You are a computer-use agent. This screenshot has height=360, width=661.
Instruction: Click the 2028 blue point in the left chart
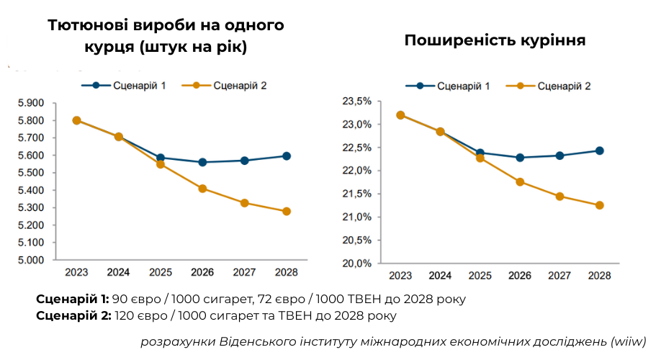pyautogui.click(x=287, y=156)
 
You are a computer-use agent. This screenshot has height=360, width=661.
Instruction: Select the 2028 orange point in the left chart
pyautogui.click(x=287, y=212)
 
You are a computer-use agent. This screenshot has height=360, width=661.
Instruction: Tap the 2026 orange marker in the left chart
pyautogui.click(x=202, y=189)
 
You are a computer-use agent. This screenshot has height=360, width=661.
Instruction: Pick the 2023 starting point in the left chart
pyautogui.click(x=76, y=120)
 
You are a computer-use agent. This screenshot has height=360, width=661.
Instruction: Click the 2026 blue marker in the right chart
pyautogui.click(x=520, y=158)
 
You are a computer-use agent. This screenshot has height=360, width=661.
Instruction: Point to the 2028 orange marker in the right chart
pyautogui.click(x=599, y=205)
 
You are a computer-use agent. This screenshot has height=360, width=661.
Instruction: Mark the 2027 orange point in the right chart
pyautogui.click(x=559, y=196)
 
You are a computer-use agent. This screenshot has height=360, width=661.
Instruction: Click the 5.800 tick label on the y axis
pyautogui.click(x=31, y=120)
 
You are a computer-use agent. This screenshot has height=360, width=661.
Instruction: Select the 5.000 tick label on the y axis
pyautogui.click(x=31, y=260)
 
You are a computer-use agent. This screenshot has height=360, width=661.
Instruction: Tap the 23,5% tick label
pyautogui.click(x=356, y=101)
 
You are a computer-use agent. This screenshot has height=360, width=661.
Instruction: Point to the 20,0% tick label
pyautogui.click(x=356, y=264)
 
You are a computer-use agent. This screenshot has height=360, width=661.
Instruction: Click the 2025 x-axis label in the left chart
pyautogui.click(x=160, y=273)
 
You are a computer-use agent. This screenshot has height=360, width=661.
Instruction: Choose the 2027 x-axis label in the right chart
pyautogui.click(x=559, y=276)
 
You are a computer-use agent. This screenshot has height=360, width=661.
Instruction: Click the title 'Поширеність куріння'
pyautogui.click(x=495, y=41)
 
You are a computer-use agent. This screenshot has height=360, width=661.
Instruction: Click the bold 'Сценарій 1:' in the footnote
pyautogui.click(x=71, y=298)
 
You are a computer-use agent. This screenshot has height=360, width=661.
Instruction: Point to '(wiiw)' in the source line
pyautogui.click(x=628, y=341)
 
